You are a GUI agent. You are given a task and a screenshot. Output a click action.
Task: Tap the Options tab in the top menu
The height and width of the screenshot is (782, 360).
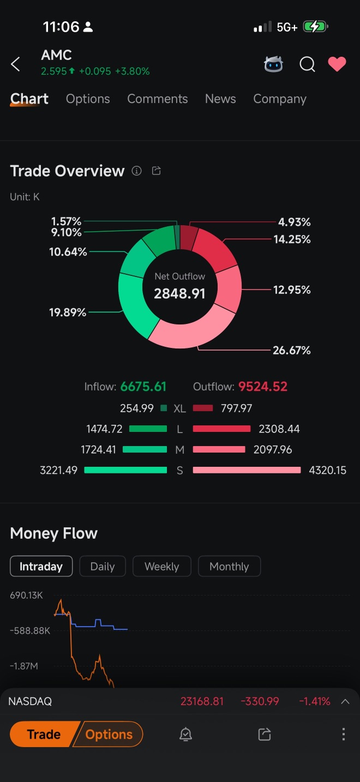(x=88, y=99)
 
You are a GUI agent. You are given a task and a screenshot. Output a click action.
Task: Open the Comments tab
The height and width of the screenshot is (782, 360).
(x=157, y=99)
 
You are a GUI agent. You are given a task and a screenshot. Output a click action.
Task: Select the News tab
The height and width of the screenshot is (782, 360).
(x=220, y=99)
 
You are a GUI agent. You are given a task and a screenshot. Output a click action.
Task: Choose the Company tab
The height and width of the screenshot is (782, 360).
(x=279, y=99)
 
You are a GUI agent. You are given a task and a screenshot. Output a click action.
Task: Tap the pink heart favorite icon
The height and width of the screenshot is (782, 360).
(x=337, y=64)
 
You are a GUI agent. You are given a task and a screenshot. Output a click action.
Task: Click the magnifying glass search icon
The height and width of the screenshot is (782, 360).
(x=307, y=64)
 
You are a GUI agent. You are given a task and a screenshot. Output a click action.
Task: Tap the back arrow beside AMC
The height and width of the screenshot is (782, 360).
(x=16, y=64)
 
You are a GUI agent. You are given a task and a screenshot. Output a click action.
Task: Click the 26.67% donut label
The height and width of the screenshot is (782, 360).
(x=291, y=350)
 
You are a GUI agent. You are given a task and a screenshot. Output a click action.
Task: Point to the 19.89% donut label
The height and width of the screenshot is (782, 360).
(x=68, y=312)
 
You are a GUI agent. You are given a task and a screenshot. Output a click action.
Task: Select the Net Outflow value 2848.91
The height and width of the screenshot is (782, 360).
(x=179, y=293)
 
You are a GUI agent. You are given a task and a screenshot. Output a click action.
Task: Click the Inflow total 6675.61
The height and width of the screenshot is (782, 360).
(x=143, y=387)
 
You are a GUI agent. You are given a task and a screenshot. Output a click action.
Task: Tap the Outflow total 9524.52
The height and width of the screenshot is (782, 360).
(x=262, y=387)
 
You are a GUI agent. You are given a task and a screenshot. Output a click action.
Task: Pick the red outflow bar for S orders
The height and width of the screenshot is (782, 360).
(x=247, y=470)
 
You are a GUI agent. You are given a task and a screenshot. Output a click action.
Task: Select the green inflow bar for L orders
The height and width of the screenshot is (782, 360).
(x=148, y=429)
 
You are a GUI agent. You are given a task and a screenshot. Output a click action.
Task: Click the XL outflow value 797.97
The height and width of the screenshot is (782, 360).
(x=236, y=408)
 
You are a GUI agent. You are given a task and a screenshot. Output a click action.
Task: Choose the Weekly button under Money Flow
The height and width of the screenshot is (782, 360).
(x=161, y=566)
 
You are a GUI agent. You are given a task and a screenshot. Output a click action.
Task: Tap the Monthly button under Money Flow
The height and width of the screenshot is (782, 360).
(x=229, y=566)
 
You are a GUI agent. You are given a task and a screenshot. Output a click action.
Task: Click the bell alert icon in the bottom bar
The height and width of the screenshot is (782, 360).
(x=185, y=735)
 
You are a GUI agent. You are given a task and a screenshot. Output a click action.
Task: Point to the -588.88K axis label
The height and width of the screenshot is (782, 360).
(x=30, y=630)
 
